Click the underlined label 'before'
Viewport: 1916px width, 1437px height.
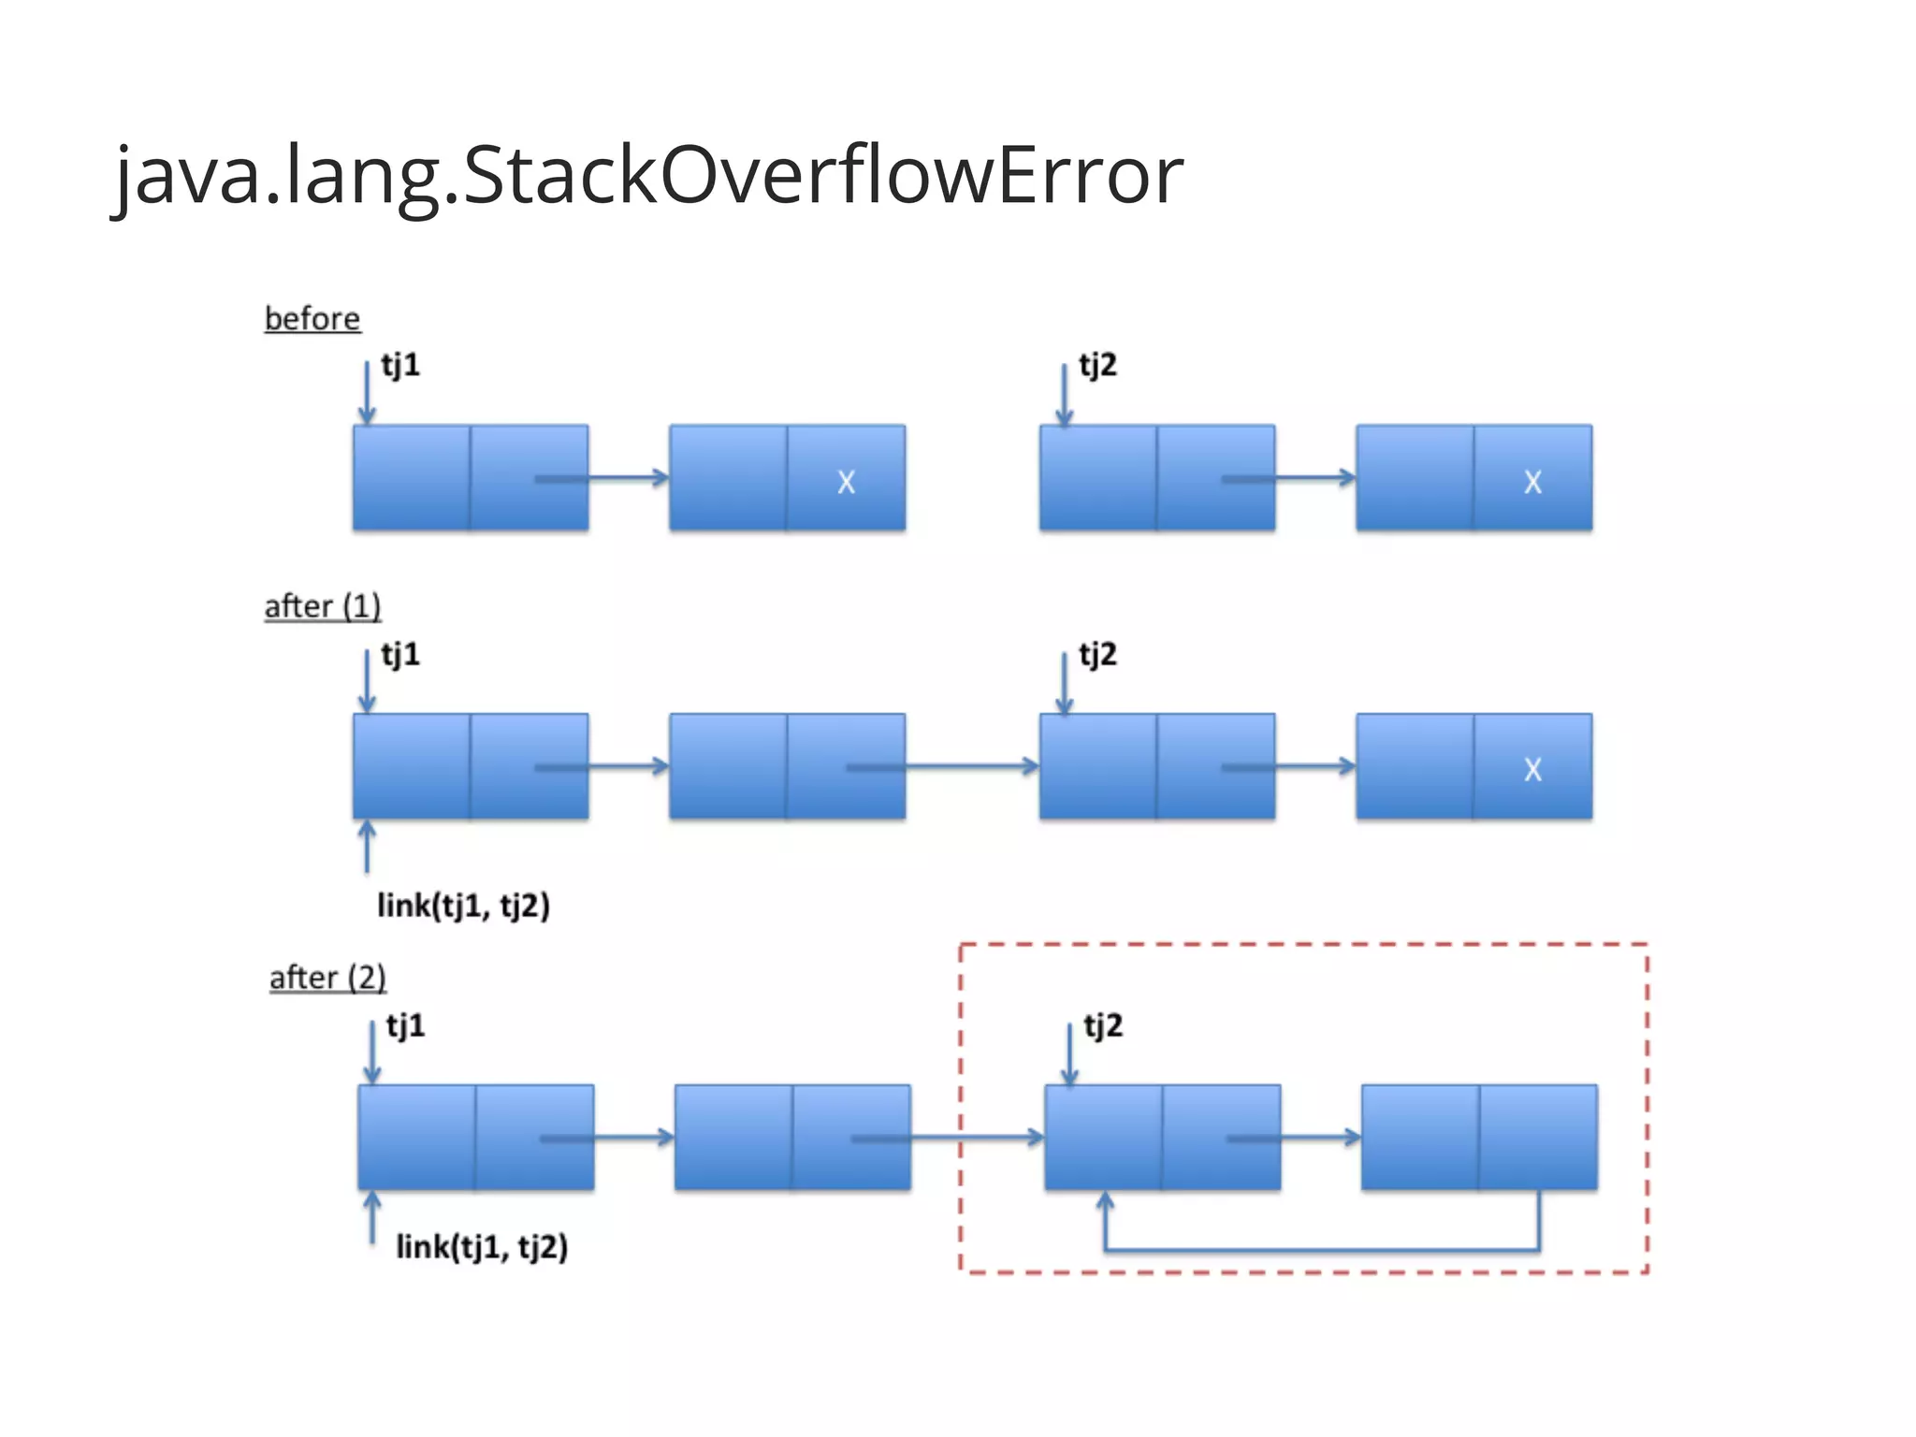tap(312, 319)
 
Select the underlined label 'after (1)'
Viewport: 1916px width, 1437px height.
tap(323, 606)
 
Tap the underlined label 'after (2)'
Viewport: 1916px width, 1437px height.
tap(327, 978)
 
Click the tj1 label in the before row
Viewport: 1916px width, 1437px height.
tap(400, 365)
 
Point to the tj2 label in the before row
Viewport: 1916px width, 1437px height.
tap(1097, 365)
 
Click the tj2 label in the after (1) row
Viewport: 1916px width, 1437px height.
tap(1097, 654)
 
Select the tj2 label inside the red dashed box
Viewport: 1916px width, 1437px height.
tap(1103, 1025)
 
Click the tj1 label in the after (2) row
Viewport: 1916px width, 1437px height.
tap(406, 1025)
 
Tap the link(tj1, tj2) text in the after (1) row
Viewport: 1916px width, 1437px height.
tap(463, 905)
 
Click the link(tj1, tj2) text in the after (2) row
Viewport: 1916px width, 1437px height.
tap(482, 1246)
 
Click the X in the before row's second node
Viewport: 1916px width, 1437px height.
tap(846, 482)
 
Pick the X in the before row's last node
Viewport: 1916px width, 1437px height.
tap(1532, 482)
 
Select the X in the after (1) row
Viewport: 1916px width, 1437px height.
tap(1532, 769)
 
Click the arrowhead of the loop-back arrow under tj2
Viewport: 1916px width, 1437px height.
tap(1105, 1200)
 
